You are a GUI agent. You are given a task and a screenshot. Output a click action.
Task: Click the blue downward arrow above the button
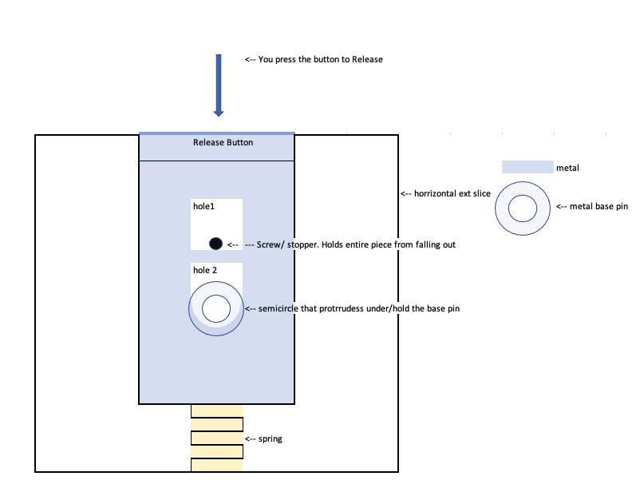(218, 84)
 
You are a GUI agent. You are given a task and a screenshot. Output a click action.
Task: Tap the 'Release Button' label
(223, 143)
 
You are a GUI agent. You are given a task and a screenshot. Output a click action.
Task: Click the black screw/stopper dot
(215, 244)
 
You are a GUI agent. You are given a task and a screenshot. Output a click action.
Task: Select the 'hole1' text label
(204, 206)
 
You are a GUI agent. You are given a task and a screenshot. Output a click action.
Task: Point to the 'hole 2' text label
(205, 271)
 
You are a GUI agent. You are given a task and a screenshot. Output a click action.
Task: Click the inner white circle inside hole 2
(216, 308)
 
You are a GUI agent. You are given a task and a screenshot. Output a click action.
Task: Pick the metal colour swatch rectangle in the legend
(527, 168)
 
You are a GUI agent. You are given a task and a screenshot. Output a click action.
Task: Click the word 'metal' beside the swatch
(567, 169)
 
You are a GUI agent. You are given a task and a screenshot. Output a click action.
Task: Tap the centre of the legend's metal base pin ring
(523, 208)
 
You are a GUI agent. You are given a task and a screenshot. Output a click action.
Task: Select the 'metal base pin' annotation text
(592, 207)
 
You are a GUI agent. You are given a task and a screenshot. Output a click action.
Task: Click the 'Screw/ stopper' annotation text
(350, 244)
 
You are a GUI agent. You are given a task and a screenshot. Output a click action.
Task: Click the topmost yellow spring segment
(216, 411)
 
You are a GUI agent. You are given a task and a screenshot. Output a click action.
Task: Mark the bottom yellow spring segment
(216, 465)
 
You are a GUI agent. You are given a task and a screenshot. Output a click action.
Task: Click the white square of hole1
(216, 224)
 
